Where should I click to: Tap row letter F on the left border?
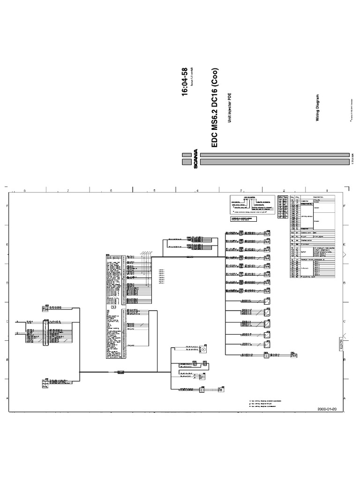point(7,206)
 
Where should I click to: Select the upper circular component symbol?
point(204,349)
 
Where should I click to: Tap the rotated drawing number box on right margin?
point(340,345)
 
